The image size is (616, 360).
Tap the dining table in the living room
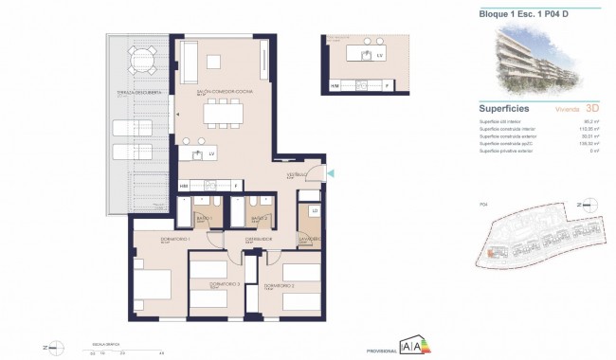point(224,115)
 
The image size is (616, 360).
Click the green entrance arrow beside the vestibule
point(330,172)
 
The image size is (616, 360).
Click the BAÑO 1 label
point(204,218)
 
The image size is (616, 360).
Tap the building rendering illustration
point(537,61)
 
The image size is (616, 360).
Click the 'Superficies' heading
point(505,108)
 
